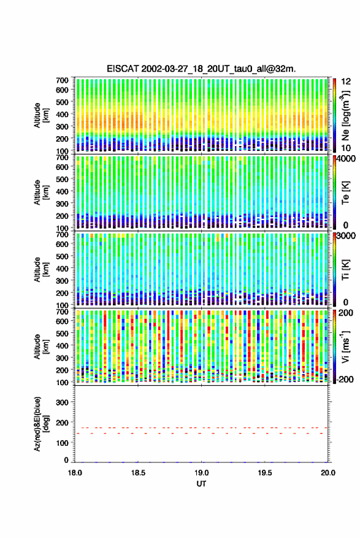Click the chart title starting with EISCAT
tap(201, 69)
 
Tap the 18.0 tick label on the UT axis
tap(75, 473)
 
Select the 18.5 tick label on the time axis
tap(138, 473)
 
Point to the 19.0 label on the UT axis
tap(202, 473)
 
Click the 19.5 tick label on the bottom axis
tap(265, 473)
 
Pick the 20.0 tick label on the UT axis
tap(328, 473)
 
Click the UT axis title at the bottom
tap(202, 484)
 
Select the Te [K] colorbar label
tap(345, 193)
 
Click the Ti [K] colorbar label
tap(345, 270)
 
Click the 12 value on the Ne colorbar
tap(347, 82)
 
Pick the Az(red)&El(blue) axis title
tap(41, 424)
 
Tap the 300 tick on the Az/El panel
tap(63, 402)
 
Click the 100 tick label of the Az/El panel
tap(63, 443)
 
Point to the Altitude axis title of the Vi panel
tap(41, 346)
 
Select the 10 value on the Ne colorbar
tap(347, 148)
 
